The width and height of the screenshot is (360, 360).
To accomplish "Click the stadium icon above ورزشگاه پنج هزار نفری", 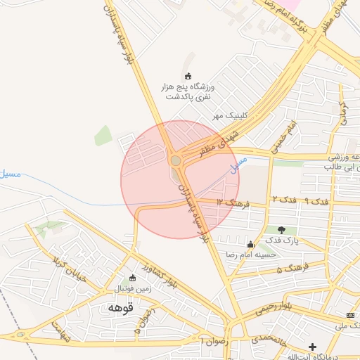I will (188, 76).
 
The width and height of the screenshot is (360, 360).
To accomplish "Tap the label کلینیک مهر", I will (229, 115).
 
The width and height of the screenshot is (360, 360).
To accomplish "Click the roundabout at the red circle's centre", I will (176, 161).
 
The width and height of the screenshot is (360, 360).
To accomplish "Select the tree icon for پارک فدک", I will (282, 229).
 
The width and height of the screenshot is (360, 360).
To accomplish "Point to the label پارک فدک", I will (282, 240).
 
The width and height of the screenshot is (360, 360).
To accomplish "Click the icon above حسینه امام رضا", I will (251, 244).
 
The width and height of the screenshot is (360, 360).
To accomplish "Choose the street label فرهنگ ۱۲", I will (234, 202).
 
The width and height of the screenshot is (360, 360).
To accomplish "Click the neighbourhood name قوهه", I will (120, 307).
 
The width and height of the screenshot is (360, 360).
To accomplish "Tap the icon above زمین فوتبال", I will (133, 278).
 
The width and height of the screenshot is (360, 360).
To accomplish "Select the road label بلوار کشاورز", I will (155, 276).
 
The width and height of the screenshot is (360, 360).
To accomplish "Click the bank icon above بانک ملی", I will (351, 314).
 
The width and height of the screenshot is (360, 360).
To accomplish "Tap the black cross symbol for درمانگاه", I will (312, 347).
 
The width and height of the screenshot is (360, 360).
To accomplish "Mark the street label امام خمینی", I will (287, 134).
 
